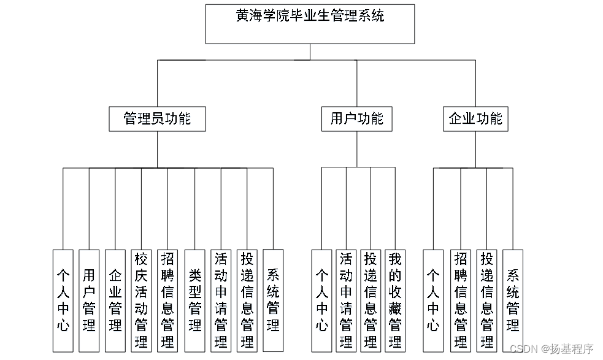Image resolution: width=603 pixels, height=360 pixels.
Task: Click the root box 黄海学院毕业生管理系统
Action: (x=310, y=24)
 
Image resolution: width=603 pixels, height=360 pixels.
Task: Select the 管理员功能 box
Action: (x=157, y=118)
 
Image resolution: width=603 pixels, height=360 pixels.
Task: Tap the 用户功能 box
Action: (x=356, y=118)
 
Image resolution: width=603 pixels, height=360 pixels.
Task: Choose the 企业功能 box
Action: (x=475, y=118)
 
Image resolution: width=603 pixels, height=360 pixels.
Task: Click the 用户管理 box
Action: (x=90, y=300)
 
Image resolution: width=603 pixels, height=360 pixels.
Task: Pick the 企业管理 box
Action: (x=115, y=300)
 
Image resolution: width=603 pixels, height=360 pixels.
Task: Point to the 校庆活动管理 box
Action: (x=142, y=300)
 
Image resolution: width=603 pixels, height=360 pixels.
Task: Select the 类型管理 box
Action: (x=195, y=300)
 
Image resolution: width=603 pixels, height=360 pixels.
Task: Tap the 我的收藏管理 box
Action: (x=394, y=300)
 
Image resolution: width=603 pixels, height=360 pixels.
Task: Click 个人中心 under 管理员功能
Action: (x=63, y=300)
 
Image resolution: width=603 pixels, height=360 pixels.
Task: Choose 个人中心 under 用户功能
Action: (x=321, y=300)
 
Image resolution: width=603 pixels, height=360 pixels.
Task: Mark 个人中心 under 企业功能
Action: (x=433, y=300)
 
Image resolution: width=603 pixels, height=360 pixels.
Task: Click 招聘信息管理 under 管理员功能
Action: (x=167, y=300)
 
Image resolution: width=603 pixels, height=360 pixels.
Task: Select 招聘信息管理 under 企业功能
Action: (x=460, y=300)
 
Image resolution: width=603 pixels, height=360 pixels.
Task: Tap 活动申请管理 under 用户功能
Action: (x=346, y=300)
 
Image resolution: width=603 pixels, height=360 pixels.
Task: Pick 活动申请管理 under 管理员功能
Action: (x=221, y=300)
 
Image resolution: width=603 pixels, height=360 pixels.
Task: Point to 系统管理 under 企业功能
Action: (x=513, y=300)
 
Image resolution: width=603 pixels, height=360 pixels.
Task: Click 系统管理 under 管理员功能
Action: (x=273, y=300)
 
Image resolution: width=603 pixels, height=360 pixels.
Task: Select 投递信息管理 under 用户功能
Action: (x=371, y=300)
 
